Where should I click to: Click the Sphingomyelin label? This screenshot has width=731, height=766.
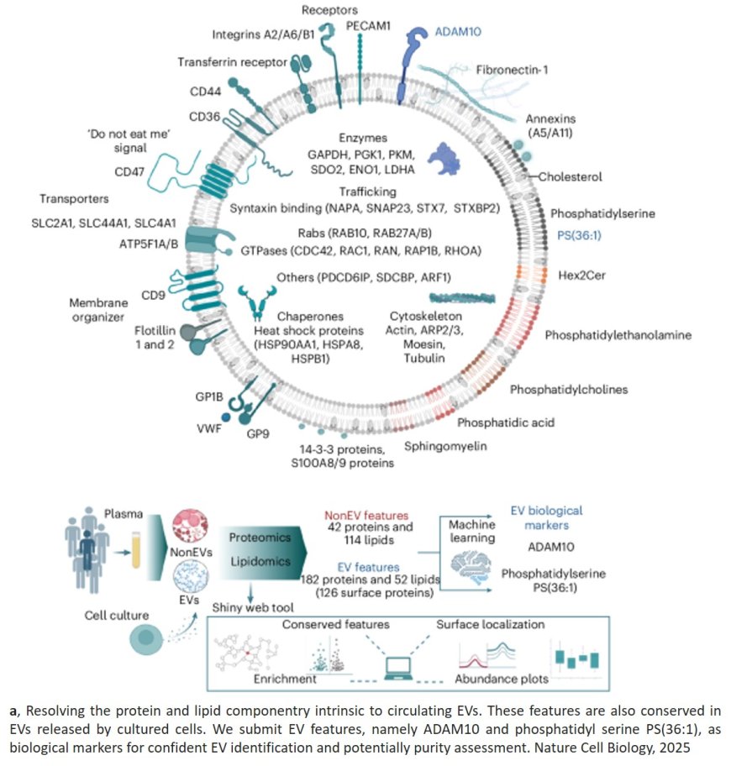[446, 446]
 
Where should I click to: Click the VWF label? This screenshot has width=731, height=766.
[207, 427]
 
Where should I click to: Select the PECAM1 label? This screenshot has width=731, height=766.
[366, 26]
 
